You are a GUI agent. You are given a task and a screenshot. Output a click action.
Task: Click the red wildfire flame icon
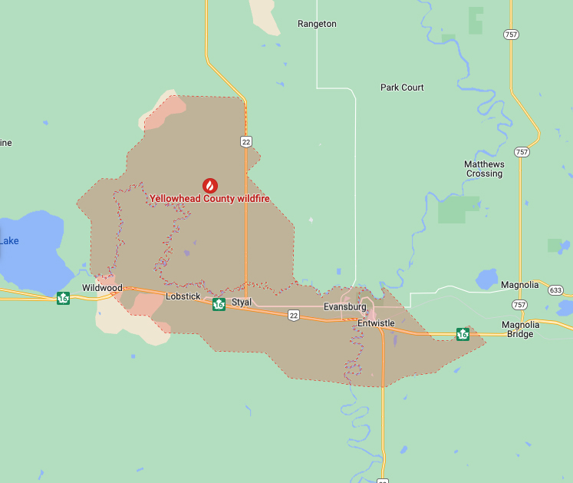209,185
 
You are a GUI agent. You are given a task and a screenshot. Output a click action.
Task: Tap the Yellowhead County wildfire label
209,198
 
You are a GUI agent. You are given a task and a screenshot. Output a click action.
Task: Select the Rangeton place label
317,24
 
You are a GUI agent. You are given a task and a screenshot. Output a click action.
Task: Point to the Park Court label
402,88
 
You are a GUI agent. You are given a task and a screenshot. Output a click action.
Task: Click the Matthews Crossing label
484,169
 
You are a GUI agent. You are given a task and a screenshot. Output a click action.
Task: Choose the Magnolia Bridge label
522,329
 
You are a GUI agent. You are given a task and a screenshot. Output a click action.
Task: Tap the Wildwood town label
102,288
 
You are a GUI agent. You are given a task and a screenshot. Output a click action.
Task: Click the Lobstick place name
183,296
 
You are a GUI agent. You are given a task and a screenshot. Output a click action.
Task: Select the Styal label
242,303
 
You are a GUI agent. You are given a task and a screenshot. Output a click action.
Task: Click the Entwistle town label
376,323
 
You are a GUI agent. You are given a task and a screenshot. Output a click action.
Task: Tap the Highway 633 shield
556,290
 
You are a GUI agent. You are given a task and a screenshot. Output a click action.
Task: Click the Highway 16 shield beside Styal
219,304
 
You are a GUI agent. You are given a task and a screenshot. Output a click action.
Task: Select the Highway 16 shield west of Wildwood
63,298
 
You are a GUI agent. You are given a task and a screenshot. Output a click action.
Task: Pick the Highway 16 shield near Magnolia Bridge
463,333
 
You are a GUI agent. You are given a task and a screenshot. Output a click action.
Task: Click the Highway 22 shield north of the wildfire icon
245,141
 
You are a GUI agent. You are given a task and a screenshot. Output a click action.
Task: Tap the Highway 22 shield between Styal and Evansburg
293,315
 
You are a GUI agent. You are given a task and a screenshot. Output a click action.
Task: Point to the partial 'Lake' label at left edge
9,241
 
